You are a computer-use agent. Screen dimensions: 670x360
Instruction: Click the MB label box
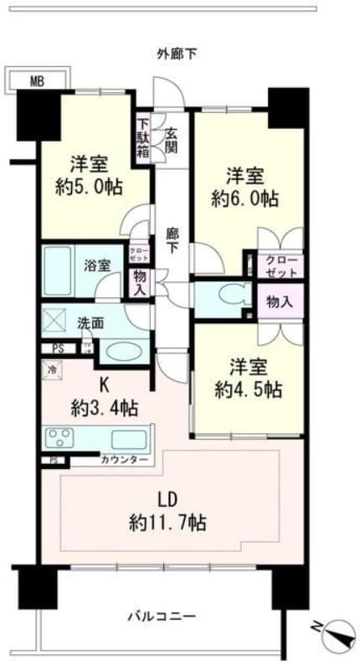[36, 81]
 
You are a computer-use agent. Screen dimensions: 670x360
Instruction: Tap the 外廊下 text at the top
[177, 54]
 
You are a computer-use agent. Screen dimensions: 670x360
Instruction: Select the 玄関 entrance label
[171, 141]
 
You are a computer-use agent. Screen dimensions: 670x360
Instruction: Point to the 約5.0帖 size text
[88, 187]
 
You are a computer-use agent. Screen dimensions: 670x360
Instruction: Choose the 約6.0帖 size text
[245, 199]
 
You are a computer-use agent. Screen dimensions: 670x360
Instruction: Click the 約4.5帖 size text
[247, 389]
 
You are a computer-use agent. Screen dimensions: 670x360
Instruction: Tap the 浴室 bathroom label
[96, 265]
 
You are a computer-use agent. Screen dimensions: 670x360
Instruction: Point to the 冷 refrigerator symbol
[52, 366]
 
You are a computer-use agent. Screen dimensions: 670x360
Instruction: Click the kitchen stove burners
[61, 437]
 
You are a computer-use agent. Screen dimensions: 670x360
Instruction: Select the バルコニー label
[162, 617]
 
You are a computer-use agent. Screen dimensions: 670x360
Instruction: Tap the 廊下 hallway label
[172, 242]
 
